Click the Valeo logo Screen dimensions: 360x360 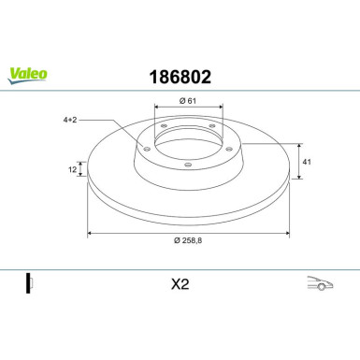click(x=27, y=76)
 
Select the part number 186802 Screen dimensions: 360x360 click(x=180, y=77)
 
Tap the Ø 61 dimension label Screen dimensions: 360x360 click(x=188, y=101)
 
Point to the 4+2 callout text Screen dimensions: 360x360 click(x=70, y=120)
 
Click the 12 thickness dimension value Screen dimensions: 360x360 click(x=72, y=169)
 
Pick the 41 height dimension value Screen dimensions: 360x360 click(x=307, y=162)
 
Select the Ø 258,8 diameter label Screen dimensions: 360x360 click(x=188, y=240)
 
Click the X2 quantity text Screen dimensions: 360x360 click(x=180, y=284)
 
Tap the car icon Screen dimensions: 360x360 click(x=320, y=283)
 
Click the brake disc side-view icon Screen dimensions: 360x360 click(x=29, y=283)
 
